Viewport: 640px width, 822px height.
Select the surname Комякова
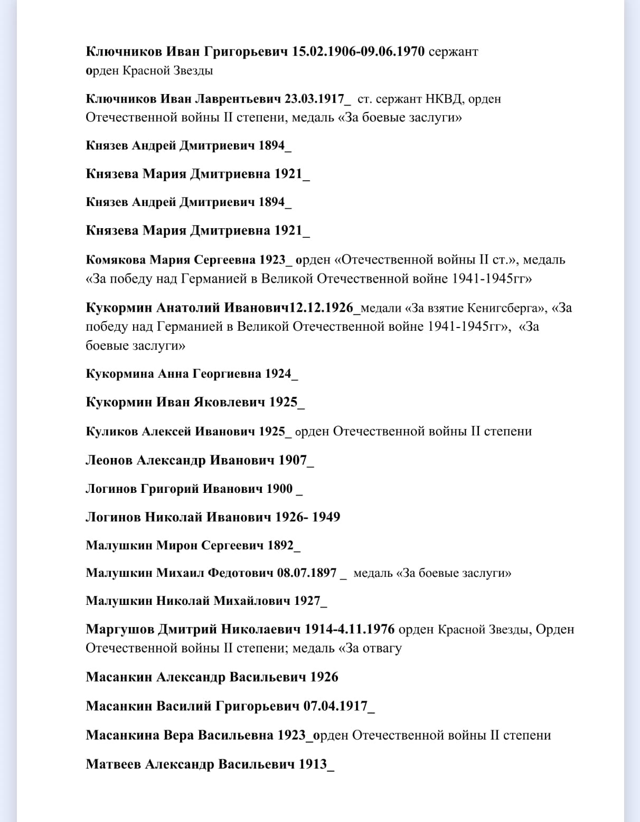(x=116, y=260)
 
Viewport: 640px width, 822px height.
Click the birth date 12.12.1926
(x=324, y=307)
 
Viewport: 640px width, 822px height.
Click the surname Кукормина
(x=120, y=374)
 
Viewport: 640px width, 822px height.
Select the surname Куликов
(x=111, y=432)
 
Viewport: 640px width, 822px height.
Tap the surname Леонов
(x=109, y=460)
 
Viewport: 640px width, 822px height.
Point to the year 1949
(x=326, y=517)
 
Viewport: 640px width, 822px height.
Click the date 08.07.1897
(x=307, y=573)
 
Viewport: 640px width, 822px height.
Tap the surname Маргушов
(x=120, y=629)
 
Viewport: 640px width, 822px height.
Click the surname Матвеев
(x=112, y=764)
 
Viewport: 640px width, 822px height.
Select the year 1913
(x=313, y=764)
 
